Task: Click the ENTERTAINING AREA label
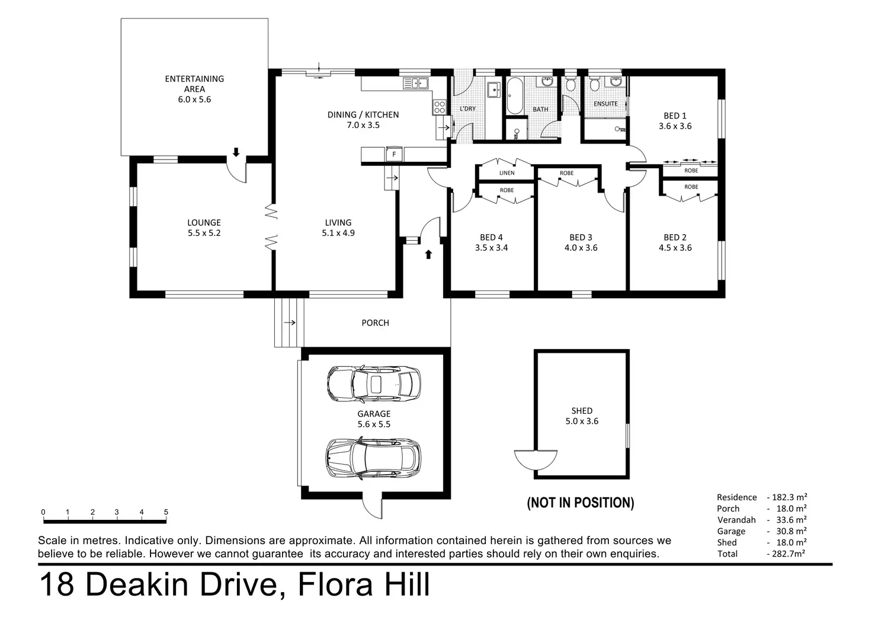(194, 84)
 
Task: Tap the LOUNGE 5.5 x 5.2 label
(204, 228)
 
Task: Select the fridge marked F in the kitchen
(394, 154)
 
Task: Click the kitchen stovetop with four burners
(440, 107)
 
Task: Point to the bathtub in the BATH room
(515, 96)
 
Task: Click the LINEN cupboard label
(507, 173)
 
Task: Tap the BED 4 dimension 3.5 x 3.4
(491, 248)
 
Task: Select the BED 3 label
(581, 237)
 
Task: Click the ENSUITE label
(605, 104)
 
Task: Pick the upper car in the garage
(374, 384)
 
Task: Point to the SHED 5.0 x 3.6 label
(582, 416)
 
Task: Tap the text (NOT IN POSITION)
(581, 503)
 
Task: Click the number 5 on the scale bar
(166, 512)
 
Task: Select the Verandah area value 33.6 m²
(791, 520)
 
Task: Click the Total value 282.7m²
(788, 554)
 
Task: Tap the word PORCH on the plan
(375, 322)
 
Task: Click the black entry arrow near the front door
(428, 254)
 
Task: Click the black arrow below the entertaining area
(236, 152)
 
